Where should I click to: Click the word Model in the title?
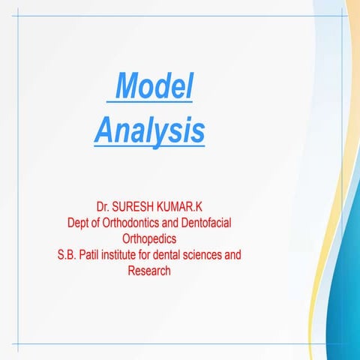pyautogui.click(x=155, y=90)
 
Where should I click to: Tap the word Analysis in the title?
pyautogui.click(x=149, y=130)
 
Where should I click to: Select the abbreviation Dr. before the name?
pyautogui.click(x=103, y=205)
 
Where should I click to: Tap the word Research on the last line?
pyautogui.click(x=149, y=271)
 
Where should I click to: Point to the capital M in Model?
pyautogui.click(x=130, y=90)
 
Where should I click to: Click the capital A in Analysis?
pyautogui.click(x=103, y=130)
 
